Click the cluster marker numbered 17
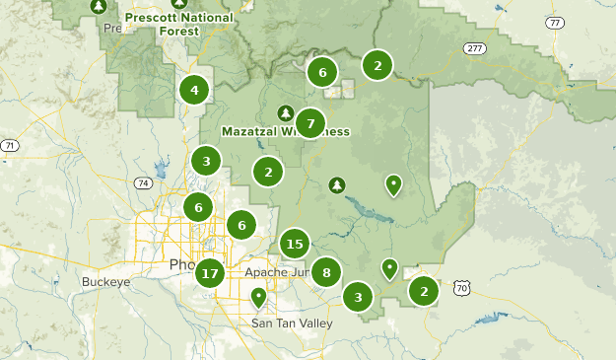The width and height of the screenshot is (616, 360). [x=209, y=273]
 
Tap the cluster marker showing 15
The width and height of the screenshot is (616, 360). [x=294, y=243]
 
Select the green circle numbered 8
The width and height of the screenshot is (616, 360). [x=326, y=271]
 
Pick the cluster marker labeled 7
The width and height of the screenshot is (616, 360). [x=310, y=123]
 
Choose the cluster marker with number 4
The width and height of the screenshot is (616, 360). [x=194, y=91]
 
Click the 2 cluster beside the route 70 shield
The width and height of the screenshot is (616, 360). [x=424, y=291]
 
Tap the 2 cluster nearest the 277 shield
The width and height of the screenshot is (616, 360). [x=376, y=65]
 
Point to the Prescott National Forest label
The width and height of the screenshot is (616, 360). [x=179, y=24]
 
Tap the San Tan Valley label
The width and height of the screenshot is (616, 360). [x=286, y=324]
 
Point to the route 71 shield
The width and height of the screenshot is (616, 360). [x=9, y=146]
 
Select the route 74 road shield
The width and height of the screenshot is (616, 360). [x=144, y=183]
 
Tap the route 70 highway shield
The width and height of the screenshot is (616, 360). [x=462, y=288]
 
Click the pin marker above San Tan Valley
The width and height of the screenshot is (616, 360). [x=258, y=296]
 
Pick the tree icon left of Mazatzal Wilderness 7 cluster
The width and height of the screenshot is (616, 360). [x=285, y=112]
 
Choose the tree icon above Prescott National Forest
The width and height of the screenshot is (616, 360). [x=98, y=6]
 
